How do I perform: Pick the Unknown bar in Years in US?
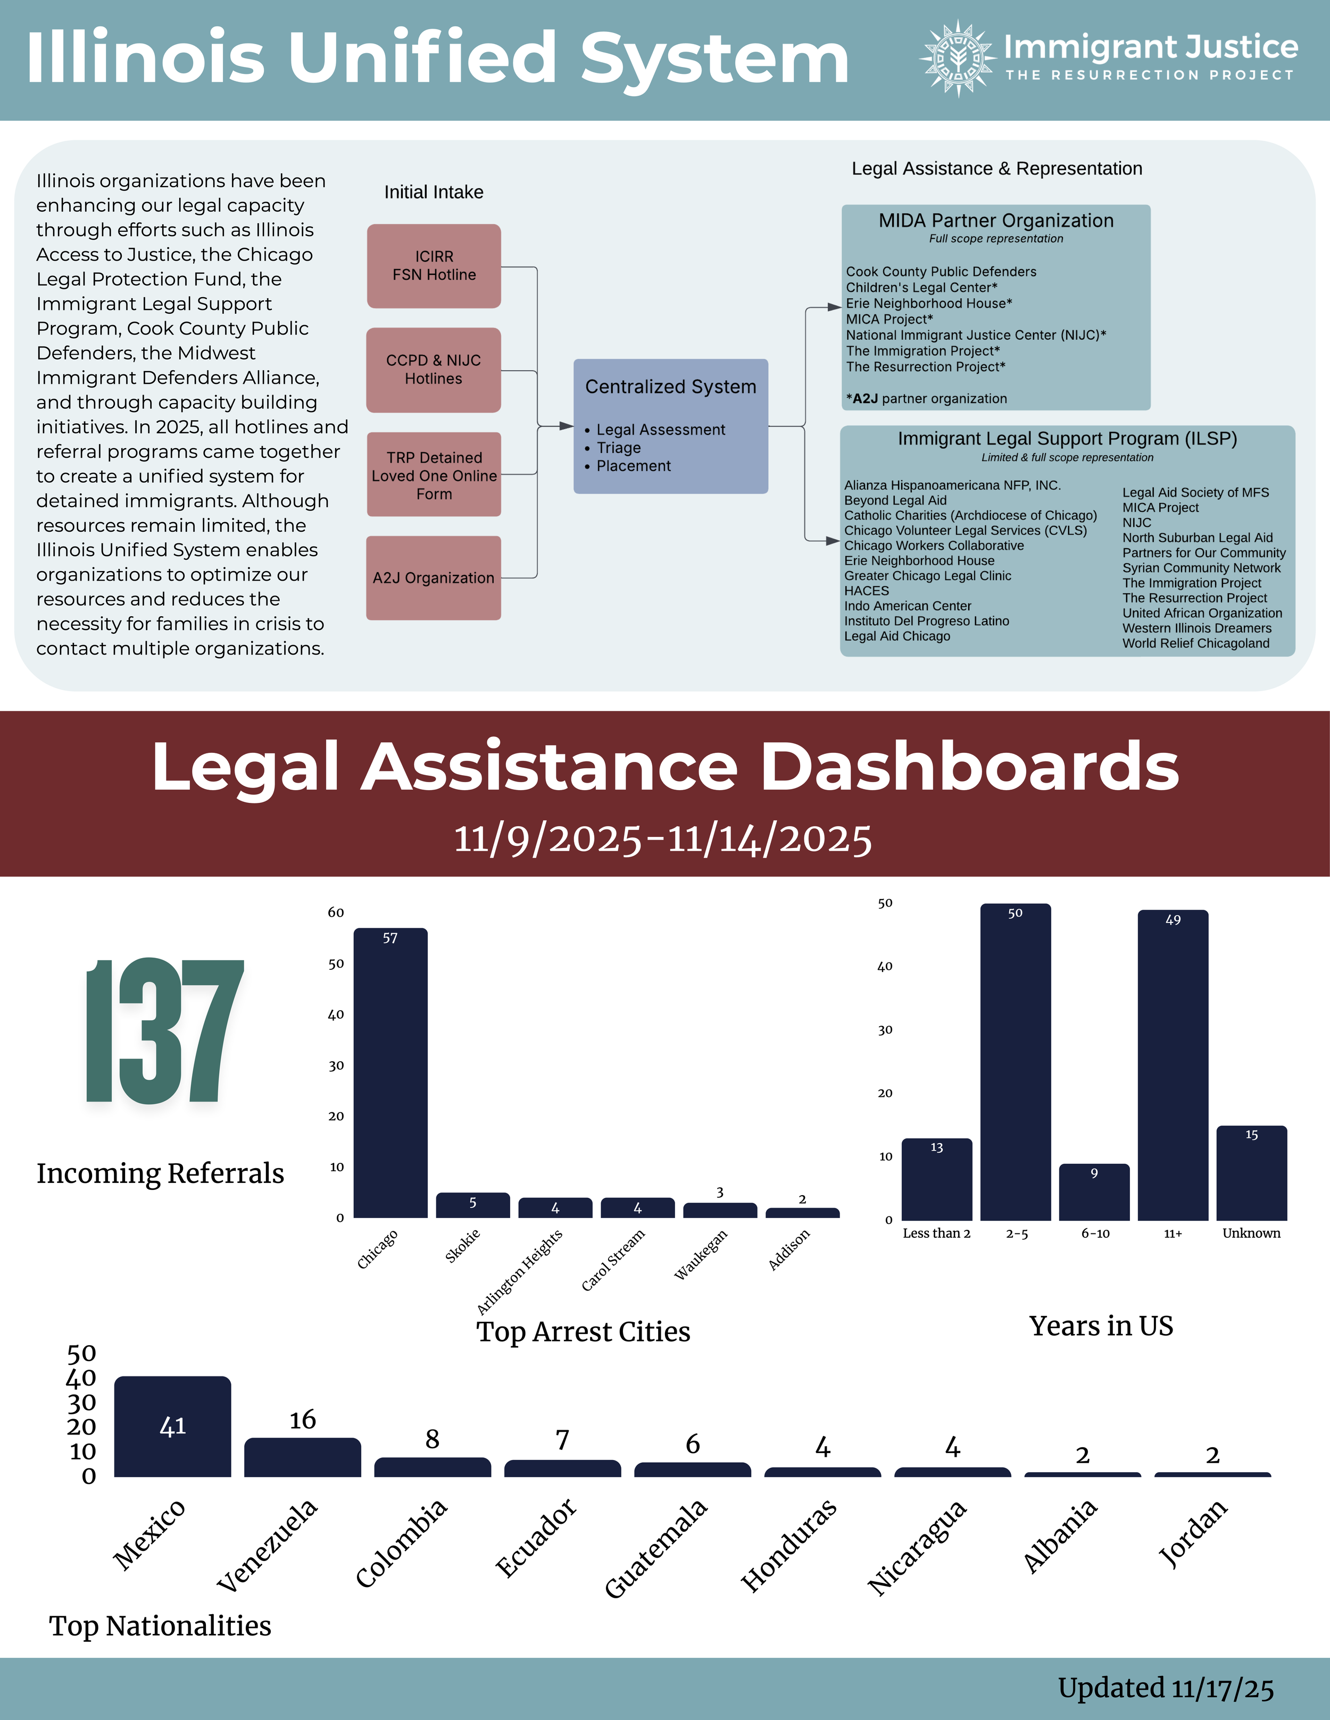(1251, 1173)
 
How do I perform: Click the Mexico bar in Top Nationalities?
(172, 1427)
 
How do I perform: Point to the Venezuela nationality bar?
(303, 1457)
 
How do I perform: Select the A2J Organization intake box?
(434, 578)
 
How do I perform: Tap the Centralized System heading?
(670, 387)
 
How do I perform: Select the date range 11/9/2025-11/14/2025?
(663, 839)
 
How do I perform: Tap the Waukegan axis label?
(701, 1255)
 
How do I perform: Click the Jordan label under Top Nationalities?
(1192, 1532)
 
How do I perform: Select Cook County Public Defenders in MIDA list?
(941, 272)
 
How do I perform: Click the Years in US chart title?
(1101, 1326)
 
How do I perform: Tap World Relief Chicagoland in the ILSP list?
(1195, 643)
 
